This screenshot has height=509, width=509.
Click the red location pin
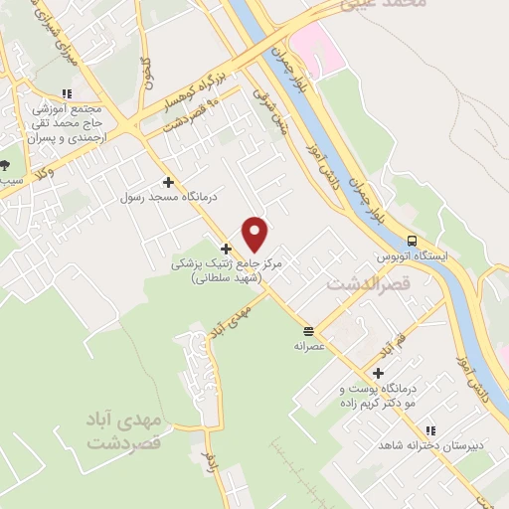[x=255, y=234]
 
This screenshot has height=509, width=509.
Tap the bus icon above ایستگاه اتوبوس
[x=411, y=241]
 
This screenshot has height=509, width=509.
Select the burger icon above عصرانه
[x=309, y=330]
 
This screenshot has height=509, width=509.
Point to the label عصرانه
[x=309, y=347]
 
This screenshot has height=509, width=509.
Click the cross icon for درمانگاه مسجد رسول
[x=168, y=182]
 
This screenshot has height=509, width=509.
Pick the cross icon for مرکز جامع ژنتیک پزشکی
[x=227, y=249]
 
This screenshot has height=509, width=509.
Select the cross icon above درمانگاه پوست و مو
[x=379, y=373]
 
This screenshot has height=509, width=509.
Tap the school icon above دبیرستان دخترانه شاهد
[x=430, y=430]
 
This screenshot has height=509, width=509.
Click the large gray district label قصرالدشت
[x=362, y=285]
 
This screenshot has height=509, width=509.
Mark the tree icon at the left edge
[x=6, y=165]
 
